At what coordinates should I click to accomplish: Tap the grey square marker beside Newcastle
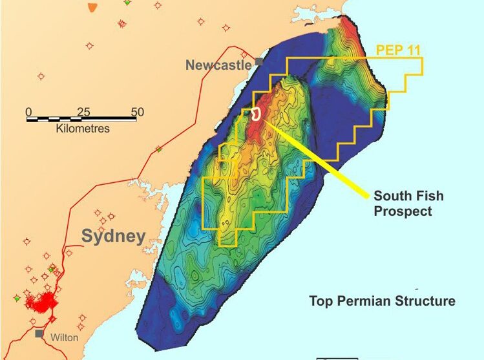click(258, 62)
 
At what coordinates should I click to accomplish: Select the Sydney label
click(113, 236)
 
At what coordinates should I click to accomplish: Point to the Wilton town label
click(65, 337)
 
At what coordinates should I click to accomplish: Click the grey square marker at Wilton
click(40, 334)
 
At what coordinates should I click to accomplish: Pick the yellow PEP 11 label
click(399, 48)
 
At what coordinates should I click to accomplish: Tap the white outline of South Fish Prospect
click(257, 114)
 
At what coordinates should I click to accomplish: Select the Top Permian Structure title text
click(382, 301)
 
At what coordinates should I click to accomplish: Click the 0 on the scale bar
click(28, 111)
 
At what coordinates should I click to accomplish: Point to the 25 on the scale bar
click(83, 111)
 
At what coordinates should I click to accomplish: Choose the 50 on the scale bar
click(137, 111)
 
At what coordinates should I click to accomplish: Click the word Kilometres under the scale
click(83, 129)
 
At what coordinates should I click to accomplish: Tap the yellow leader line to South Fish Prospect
click(317, 155)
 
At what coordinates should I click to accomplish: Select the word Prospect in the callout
click(403, 211)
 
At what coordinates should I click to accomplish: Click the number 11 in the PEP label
click(416, 48)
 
